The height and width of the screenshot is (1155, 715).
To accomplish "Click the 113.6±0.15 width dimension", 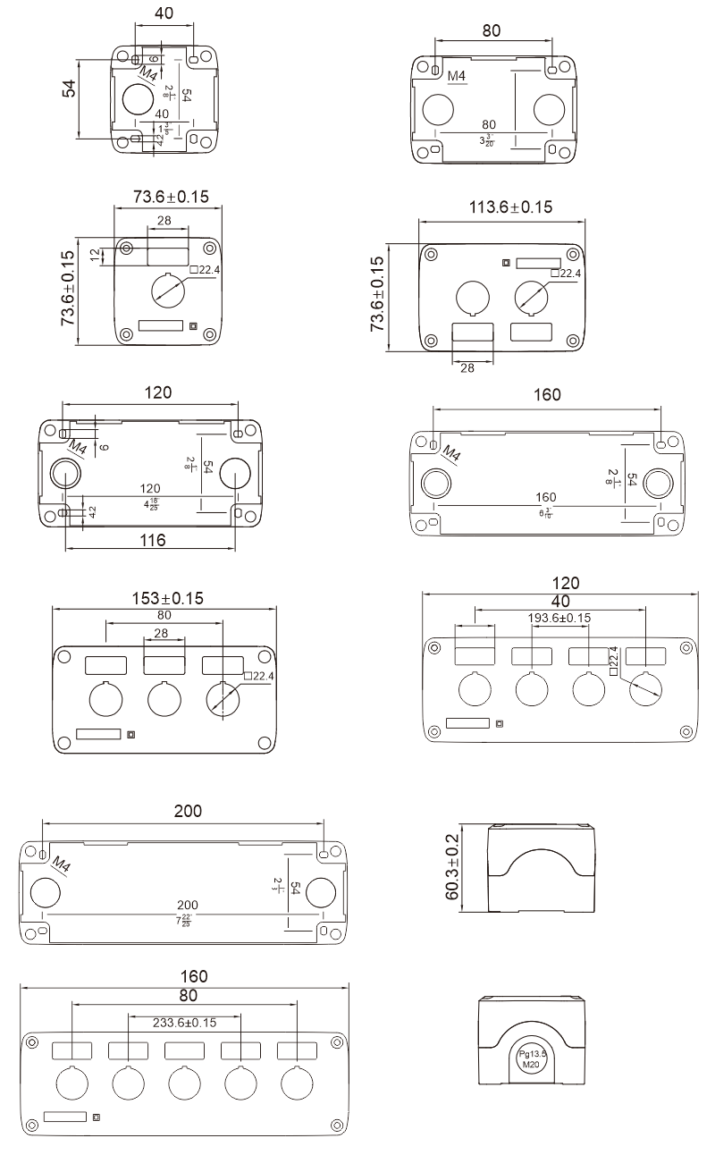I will (x=510, y=207).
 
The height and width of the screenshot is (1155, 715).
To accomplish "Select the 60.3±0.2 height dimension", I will (x=452, y=868).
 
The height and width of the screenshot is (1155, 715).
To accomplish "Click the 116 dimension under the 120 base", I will (x=153, y=539).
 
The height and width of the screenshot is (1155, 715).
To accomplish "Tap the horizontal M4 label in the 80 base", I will (x=457, y=77).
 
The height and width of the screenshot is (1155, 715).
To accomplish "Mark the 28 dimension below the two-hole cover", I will (x=467, y=367).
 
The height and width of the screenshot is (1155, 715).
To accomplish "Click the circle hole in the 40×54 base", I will (x=138, y=99).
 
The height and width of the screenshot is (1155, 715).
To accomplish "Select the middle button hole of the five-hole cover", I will (x=184, y=1083).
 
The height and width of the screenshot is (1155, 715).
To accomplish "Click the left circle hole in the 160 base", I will (x=435, y=482).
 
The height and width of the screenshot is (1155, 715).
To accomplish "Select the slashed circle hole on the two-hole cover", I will (x=532, y=297).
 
